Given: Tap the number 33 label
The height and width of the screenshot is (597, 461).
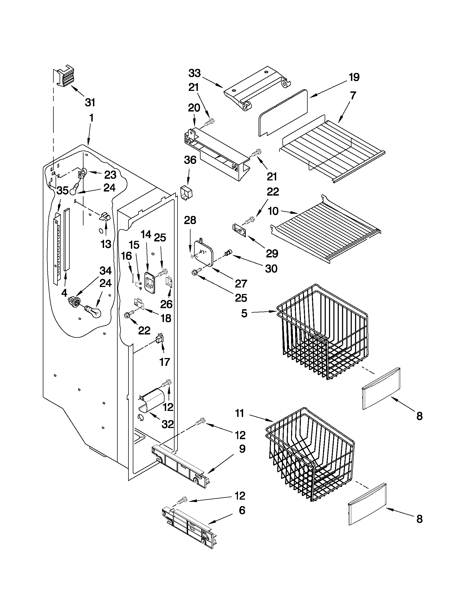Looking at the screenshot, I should [194, 73].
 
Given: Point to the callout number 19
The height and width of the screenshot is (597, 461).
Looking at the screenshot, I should [354, 77].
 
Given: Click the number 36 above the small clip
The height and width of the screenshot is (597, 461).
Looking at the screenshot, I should [190, 160].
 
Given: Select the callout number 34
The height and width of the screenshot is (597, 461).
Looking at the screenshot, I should [105, 271].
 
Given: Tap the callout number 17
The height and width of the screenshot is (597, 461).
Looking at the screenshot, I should [165, 362].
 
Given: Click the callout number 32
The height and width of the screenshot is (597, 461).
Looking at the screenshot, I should [167, 424].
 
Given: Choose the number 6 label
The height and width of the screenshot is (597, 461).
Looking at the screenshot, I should [242, 510].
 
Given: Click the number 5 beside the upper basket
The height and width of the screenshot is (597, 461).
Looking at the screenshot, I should [244, 314].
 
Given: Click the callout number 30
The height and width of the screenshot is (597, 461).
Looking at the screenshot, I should [271, 269].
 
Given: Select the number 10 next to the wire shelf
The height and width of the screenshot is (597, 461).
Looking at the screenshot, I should [273, 211].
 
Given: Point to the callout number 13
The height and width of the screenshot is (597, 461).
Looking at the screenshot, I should [106, 244].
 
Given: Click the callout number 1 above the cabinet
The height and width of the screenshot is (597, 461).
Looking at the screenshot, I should [91, 118].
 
